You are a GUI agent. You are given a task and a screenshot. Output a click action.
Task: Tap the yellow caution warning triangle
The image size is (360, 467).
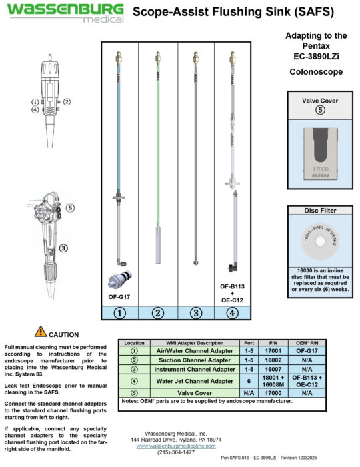(x=41, y=331)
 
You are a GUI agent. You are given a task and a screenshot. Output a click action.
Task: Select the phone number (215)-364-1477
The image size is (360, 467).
(x=177, y=452)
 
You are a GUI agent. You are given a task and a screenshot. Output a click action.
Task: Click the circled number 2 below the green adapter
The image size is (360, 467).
(x=158, y=312)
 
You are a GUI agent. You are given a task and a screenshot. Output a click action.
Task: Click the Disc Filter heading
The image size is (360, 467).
(x=319, y=211)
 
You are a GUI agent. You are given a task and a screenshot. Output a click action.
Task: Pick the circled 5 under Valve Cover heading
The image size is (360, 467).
(x=319, y=111)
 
